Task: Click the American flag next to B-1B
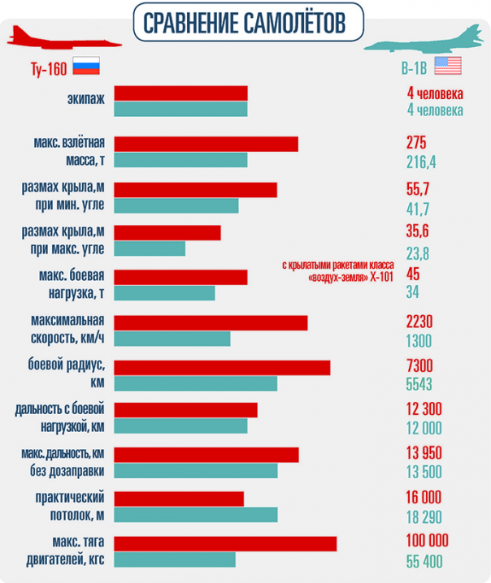(x=447, y=66)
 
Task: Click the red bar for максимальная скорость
(x=211, y=322)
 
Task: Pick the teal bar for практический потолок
(x=196, y=514)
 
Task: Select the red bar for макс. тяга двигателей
(x=226, y=543)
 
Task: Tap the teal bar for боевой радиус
(x=196, y=383)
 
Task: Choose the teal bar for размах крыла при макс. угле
(x=150, y=248)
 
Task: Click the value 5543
(x=419, y=384)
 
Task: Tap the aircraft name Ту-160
(x=35, y=66)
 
